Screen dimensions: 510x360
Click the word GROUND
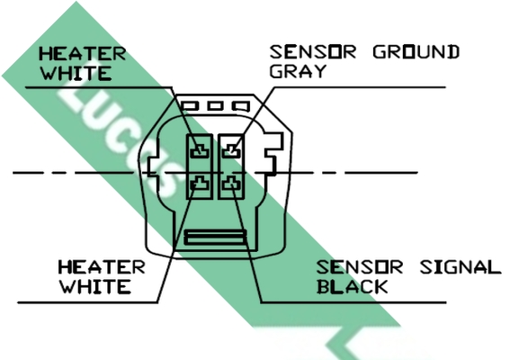(416, 52)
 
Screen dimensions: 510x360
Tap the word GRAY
(298, 71)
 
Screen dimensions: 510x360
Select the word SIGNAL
(461, 267)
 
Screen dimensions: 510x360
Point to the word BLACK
(353, 287)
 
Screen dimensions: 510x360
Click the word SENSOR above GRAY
(313, 52)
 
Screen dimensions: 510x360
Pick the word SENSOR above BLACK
(360, 267)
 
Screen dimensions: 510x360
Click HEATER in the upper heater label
(82, 54)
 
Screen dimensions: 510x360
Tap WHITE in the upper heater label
(76, 74)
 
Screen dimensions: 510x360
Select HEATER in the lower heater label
(102, 267)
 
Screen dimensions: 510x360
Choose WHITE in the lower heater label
(95, 287)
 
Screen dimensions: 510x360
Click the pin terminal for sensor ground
(231, 150)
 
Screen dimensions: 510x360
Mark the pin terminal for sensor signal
(231, 184)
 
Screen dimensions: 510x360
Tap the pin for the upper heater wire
(200, 150)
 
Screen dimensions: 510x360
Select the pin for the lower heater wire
(200, 184)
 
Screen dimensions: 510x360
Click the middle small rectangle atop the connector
(216, 106)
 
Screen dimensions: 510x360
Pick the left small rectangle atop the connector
(191, 106)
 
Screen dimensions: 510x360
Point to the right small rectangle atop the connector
(241, 106)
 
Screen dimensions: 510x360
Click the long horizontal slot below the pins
(215, 237)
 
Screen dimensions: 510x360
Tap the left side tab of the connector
(152, 167)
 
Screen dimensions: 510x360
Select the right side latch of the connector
(273, 153)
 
